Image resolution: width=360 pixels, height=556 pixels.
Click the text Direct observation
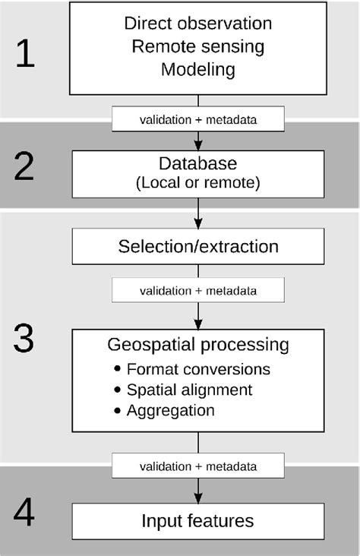click(x=197, y=24)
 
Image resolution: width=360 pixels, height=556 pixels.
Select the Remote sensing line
click(x=197, y=46)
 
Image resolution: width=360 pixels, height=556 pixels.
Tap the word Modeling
click(x=197, y=70)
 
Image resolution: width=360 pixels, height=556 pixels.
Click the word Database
click(x=197, y=163)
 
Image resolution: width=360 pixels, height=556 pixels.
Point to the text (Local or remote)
click(x=197, y=182)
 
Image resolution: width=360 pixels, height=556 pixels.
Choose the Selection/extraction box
click(x=198, y=247)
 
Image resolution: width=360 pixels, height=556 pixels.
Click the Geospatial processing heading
click(x=198, y=345)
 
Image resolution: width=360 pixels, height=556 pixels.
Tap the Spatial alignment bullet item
click(x=189, y=390)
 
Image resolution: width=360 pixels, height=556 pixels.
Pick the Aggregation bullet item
click(x=171, y=411)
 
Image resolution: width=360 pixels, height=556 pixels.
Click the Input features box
click(x=198, y=521)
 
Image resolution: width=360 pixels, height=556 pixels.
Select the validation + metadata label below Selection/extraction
click(x=198, y=291)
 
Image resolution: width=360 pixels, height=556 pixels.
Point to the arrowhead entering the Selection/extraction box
click(x=198, y=224)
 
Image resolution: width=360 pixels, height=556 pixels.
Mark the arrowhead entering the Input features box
click(x=198, y=498)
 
